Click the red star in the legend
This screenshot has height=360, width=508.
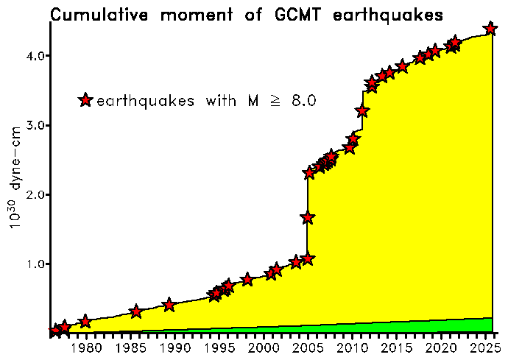click(86, 100)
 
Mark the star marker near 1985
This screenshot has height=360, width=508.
click(136, 312)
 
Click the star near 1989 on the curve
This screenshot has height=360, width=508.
click(169, 305)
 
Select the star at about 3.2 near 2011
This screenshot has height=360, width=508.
click(362, 111)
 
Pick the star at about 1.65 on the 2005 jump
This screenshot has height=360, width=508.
click(308, 218)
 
